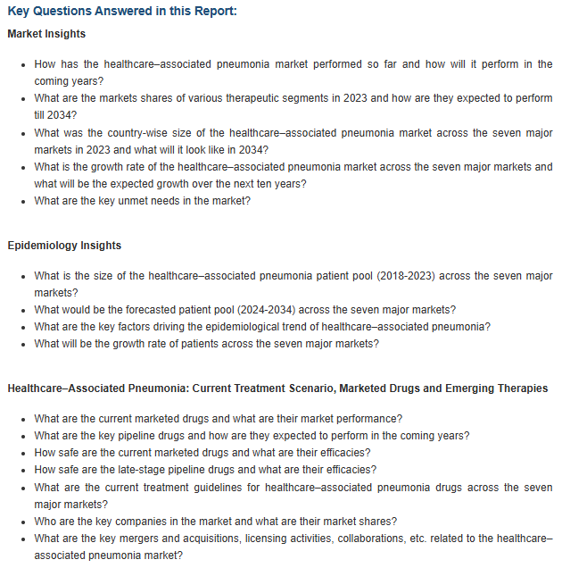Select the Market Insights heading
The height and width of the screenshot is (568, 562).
[x=46, y=34]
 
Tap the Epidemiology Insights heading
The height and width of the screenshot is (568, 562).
[x=64, y=245]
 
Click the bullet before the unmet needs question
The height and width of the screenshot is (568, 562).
[x=23, y=202]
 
